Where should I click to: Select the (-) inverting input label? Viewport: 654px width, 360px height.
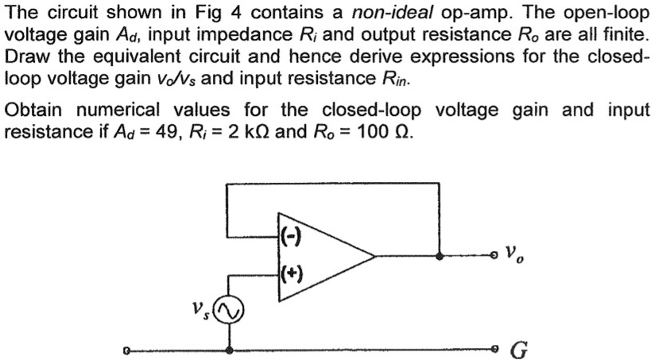(288, 236)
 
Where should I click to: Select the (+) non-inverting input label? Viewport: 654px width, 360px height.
(288, 276)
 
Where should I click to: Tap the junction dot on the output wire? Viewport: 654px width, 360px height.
(439, 256)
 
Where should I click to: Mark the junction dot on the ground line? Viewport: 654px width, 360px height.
(230, 349)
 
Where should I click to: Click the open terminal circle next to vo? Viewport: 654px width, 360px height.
(494, 256)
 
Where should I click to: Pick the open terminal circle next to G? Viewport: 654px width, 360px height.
(494, 349)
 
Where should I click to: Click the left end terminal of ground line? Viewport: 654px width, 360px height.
(126, 349)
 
